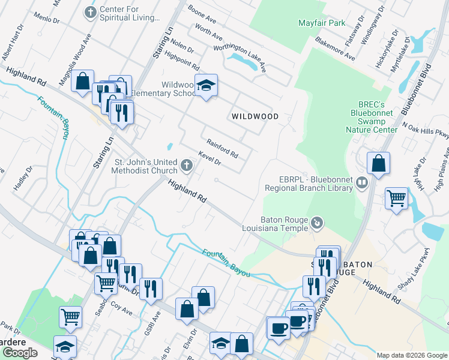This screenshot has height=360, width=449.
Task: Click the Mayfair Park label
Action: pos(322,23)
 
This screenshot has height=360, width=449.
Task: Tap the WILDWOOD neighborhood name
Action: pos(255,116)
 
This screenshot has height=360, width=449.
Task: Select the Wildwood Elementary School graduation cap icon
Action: pos(206,86)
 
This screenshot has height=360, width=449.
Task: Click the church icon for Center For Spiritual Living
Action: pos(90,12)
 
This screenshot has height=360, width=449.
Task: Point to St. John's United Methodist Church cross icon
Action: pos(187,165)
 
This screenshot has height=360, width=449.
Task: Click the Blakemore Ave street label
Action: pos(334,50)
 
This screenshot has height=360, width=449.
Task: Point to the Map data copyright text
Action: pos(412,355)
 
